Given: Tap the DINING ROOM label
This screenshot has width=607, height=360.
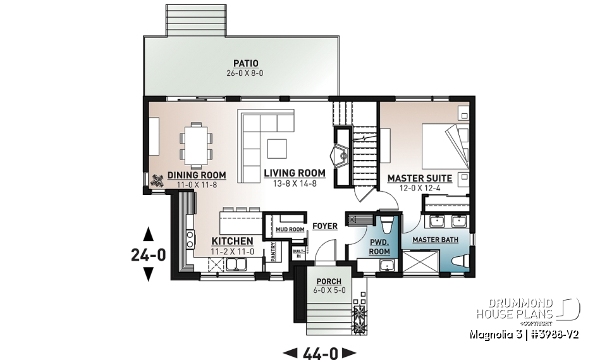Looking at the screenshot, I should click(x=196, y=175).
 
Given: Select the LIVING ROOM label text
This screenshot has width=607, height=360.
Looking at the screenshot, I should click(x=295, y=173).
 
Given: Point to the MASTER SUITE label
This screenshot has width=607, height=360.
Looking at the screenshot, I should click(x=419, y=178).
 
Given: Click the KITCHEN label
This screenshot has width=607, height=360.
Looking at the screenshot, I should click(x=232, y=241).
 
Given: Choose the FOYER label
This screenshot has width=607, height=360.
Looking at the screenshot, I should click(x=324, y=226).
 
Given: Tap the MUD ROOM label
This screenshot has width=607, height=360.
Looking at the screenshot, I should click(x=290, y=229).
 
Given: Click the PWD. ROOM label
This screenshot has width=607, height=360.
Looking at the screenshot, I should click(x=379, y=246).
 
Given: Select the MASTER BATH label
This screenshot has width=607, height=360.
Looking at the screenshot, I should click(x=435, y=240).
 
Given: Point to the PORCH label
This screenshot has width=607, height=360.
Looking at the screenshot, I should click(x=329, y=281).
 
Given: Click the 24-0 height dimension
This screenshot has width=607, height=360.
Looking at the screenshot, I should click(x=149, y=255).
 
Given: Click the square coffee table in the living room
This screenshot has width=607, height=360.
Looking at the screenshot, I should click(x=277, y=148).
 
